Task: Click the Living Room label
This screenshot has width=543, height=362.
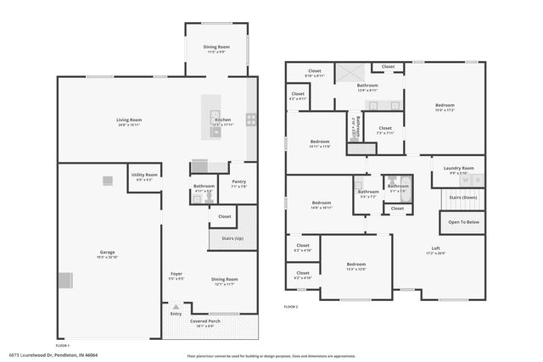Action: click(129, 120)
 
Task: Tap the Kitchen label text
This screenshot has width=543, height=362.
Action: click(223, 120)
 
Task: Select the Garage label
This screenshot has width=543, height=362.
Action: click(107, 252)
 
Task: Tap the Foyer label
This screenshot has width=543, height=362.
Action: click(176, 274)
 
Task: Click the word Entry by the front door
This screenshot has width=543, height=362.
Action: click(176, 314)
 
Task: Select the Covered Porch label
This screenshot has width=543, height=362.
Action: click(206, 321)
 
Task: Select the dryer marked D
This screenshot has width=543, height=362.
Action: click(478, 180)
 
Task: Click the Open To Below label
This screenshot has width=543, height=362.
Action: click(462, 222)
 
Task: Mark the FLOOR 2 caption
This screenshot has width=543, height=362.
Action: click(291, 306)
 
